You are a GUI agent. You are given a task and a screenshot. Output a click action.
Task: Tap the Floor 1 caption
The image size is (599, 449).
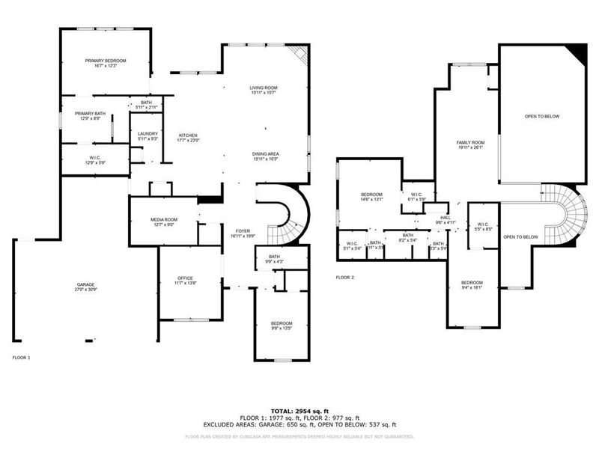tap(21, 358)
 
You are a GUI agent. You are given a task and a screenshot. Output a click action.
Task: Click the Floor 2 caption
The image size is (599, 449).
tap(345, 278)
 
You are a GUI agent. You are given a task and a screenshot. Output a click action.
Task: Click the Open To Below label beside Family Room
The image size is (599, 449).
tap(541, 117)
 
